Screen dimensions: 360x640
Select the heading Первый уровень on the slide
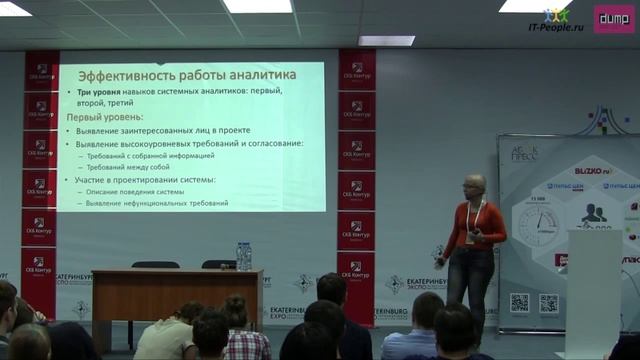coord(105,118)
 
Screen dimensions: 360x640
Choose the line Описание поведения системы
coord(134,191)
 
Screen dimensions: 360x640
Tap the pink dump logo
coord(613,19)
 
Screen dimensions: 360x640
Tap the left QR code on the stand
coord(519,302)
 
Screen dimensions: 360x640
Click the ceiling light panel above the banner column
coord(386,40)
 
